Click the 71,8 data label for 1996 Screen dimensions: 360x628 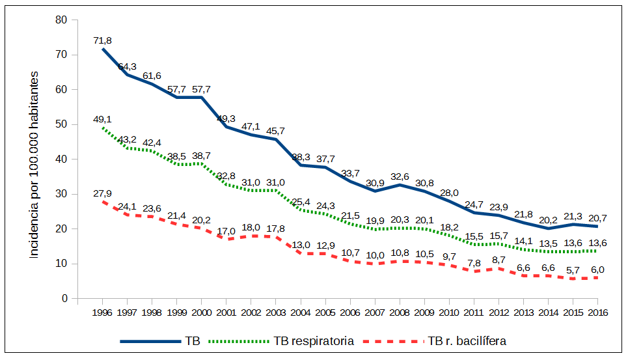point(103,40)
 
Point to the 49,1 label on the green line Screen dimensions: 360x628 point(103,119)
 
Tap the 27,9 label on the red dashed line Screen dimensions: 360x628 point(103,193)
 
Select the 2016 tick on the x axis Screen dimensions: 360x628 point(597,312)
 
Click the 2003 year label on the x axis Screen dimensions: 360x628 point(276,312)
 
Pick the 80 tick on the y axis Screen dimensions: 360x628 point(62,20)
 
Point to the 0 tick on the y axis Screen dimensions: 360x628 point(65,299)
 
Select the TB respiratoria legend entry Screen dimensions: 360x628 point(313,341)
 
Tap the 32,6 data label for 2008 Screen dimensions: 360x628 point(400,176)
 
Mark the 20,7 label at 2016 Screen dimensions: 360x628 point(597,218)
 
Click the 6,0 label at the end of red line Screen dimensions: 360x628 point(597,270)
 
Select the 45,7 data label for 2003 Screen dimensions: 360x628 point(276,130)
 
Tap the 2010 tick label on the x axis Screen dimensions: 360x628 point(449,312)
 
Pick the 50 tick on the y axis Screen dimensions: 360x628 point(62,124)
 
